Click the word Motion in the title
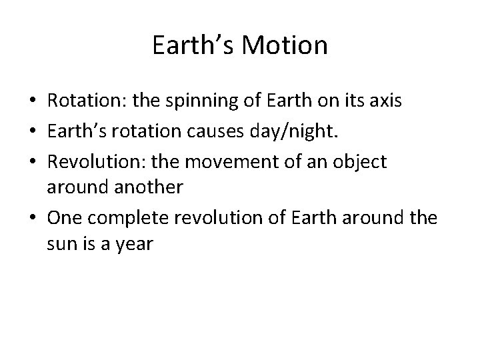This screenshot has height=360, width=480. [285, 46]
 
